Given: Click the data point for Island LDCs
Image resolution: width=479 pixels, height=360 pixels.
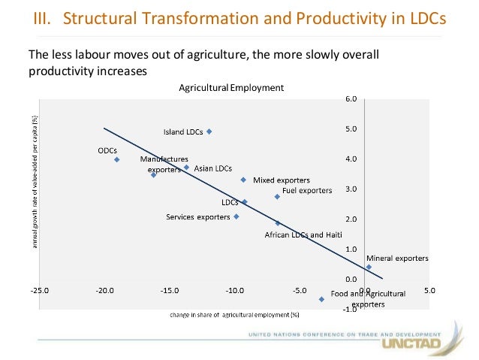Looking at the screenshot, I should tap(209, 132).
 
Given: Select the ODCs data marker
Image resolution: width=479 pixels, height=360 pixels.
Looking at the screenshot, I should tap(117, 159).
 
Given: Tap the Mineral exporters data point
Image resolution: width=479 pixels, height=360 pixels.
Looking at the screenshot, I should tap(369, 267).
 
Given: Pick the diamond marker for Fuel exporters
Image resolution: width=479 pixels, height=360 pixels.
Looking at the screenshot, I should tap(277, 197).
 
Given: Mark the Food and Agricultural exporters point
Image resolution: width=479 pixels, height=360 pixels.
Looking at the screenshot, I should tap(321, 299).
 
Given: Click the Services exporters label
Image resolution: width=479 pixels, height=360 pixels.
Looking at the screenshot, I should tap(197, 218).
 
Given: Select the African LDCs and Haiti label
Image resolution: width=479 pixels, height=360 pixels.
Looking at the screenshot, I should tap(304, 235).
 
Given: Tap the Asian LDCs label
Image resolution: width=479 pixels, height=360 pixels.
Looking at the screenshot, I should tap(213, 168).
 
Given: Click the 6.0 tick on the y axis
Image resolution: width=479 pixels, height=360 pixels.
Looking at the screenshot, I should tap(351, 99).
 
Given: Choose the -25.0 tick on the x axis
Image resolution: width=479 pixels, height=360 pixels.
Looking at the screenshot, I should tap(38, 290).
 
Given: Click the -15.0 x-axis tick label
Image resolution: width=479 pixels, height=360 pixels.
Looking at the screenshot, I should tap(170, 290).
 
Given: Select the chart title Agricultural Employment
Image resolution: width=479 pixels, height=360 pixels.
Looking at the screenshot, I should tap(231, 88).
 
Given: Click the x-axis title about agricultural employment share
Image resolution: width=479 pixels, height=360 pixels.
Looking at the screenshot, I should tap(233, 314).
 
